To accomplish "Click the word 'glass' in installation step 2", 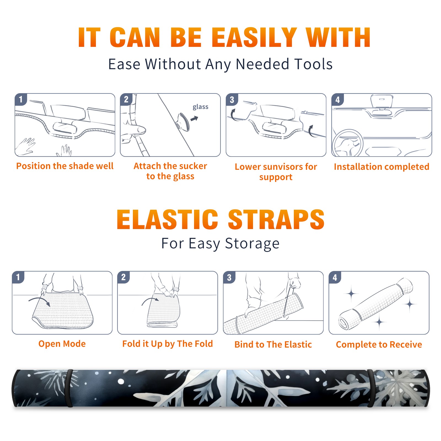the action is pos(200,107).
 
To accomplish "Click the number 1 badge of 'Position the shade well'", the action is pos(21,99).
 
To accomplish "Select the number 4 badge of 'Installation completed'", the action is pos(338,100).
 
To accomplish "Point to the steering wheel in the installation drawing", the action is pos(348,143).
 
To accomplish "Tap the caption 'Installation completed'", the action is pos(381,167).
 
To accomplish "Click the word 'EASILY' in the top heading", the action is pos(254,37).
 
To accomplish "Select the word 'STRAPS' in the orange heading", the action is pos(276,219).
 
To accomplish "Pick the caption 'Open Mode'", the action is pos(62,344).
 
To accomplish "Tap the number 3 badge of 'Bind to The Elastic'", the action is pos(229,277).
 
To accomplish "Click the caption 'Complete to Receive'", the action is pos(379,345).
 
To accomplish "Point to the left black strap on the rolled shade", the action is pos(69,388).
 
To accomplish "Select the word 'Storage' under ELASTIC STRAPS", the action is pos(252,244).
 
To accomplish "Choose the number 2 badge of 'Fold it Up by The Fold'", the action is pos(123,277).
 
